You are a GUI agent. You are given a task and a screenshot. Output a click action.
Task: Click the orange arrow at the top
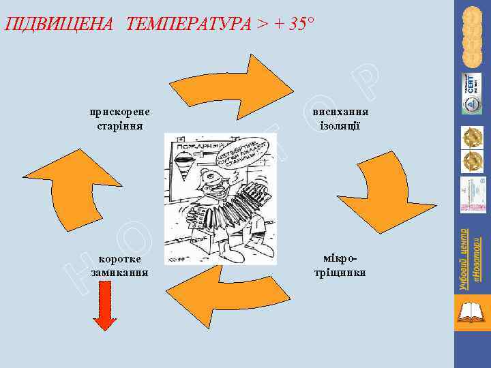pyautogui.click(x=253, y=82)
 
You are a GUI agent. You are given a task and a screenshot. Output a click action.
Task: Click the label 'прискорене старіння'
pyautogui.click(x=120, y=119)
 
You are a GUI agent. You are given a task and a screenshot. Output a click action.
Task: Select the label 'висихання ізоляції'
pyautogui.click(x=341, y=119)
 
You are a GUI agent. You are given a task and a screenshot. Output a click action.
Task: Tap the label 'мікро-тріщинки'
pyautogui.click(x=342, y=265)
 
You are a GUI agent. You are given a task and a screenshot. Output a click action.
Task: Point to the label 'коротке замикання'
pyautogui.click(x=119, y=265)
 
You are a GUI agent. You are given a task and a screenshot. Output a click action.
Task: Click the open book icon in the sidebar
pyautogui.click(x=471, y=313)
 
